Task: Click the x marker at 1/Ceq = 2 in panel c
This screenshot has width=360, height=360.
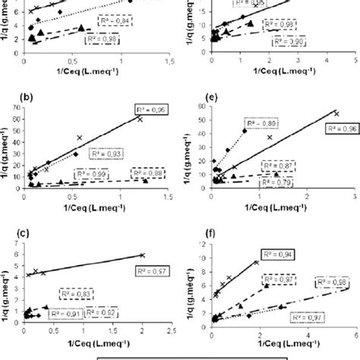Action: click(142, 255)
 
